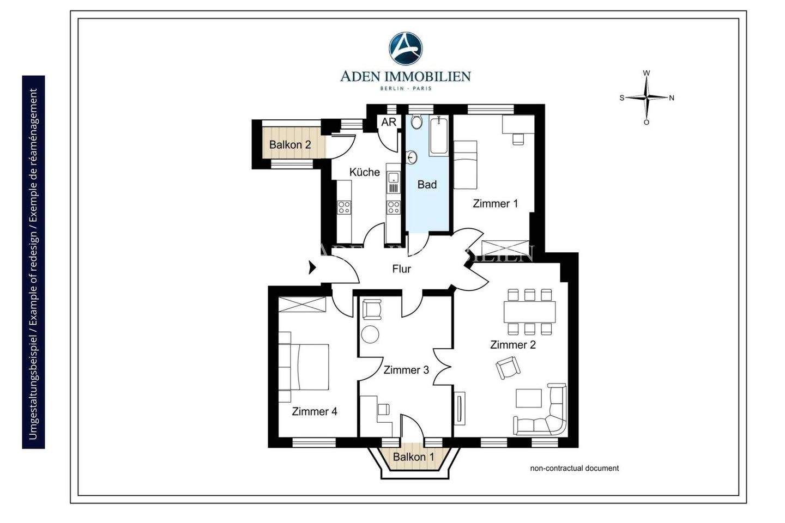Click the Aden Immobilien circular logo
[406, 48]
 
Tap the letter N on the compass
[672, 98]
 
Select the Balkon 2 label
[290, 144]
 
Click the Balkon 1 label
[414, 457]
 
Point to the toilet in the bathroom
[416, 121]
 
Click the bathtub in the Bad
[438, 136]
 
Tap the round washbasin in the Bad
[412, 157]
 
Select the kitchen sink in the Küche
[394, 182]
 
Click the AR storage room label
[389, 122]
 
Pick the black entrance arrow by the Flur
[312, 268]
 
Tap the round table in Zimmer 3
[370, 335]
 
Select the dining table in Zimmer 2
[529, 312]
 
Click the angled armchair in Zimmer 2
[508, 368]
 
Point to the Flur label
[402, 269]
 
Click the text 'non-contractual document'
[575, 468]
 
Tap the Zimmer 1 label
[495, 203]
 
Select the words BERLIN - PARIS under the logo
[406, 88]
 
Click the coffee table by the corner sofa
[529, 398]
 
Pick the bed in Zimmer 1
[466, 165]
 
